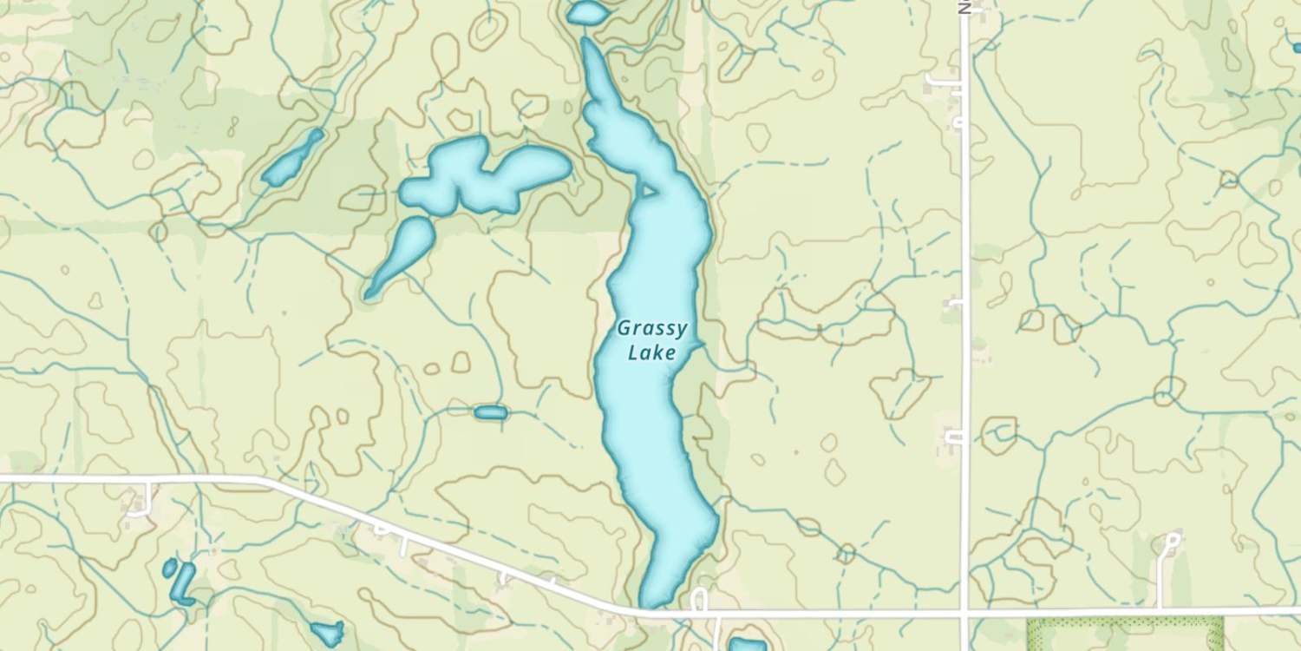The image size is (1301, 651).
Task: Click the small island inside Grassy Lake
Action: click(x=646, y=188)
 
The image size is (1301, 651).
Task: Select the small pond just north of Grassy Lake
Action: click(x=587, y=12)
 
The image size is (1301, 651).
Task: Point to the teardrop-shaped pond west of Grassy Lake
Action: click(x=402, y=253)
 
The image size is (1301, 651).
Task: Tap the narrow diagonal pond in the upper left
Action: click(x=293, y=158)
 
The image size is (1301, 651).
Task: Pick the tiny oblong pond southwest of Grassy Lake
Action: click(x=490, y=412)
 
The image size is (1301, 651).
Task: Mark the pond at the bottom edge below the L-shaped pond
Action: click(x=328, y=633)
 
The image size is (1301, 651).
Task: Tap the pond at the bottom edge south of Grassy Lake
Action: click(x=747, y=645)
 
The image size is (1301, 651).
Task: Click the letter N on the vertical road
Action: click(x=964, y=7)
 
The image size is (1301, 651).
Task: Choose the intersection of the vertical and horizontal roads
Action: click(x=964, y=613)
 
